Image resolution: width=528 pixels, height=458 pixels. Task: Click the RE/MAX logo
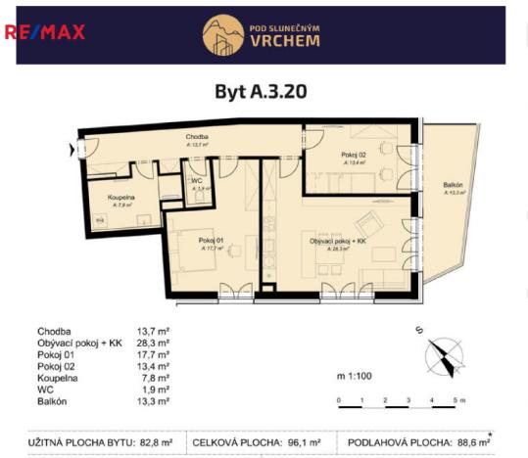[x=45, y=31]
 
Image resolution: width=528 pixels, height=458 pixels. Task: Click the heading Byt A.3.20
[x=262, y=92]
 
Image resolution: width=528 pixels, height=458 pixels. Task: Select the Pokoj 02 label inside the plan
[x=354, y=156]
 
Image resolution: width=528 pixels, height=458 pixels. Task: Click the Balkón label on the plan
[x=453, y=186]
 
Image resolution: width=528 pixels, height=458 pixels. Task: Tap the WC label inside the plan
[x=197, y=181]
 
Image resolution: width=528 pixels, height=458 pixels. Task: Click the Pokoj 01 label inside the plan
[x=212, y=240]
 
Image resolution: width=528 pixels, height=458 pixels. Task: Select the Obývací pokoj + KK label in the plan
[x=337, y=240]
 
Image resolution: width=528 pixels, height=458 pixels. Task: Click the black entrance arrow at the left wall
[x=71, y=150]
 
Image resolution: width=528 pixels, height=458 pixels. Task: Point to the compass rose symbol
[x=444, y=354]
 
